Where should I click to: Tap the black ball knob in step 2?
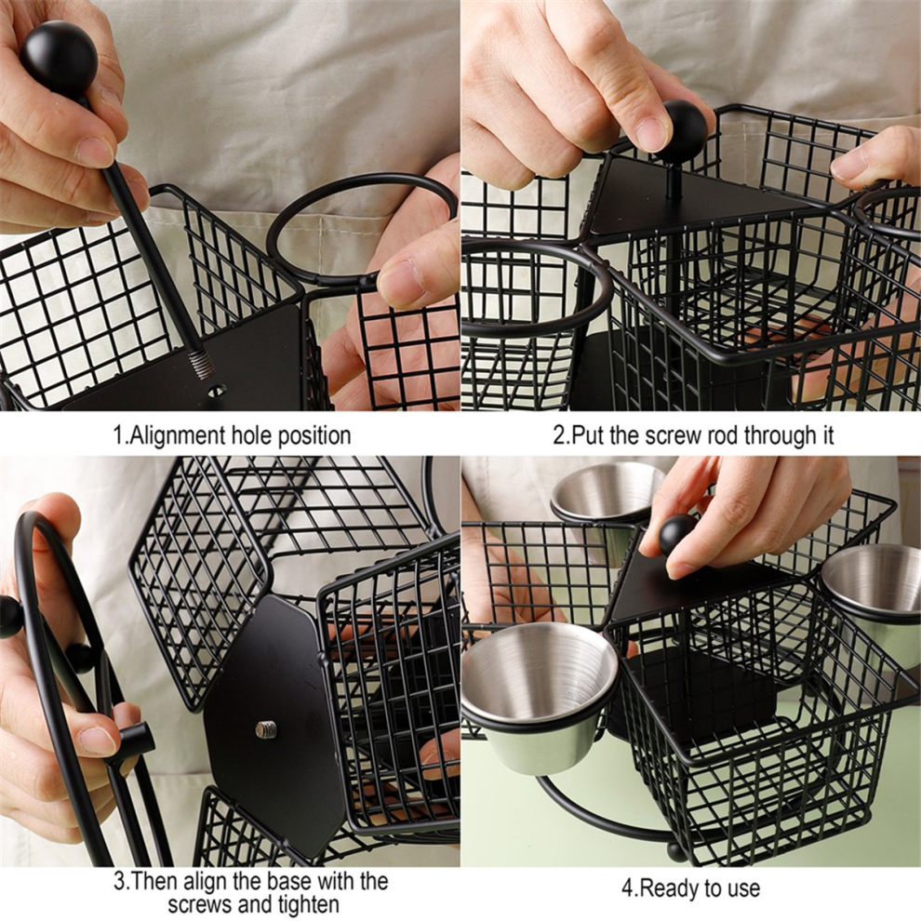(x=683, y=131)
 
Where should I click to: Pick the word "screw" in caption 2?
(x=672, y=435)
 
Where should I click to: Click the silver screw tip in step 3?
(x=266, y=729)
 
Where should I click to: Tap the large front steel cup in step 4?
(x=538, y=695)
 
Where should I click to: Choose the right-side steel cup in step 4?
(x=872, y=599)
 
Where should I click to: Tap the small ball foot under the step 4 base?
(x=674, y=851)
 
